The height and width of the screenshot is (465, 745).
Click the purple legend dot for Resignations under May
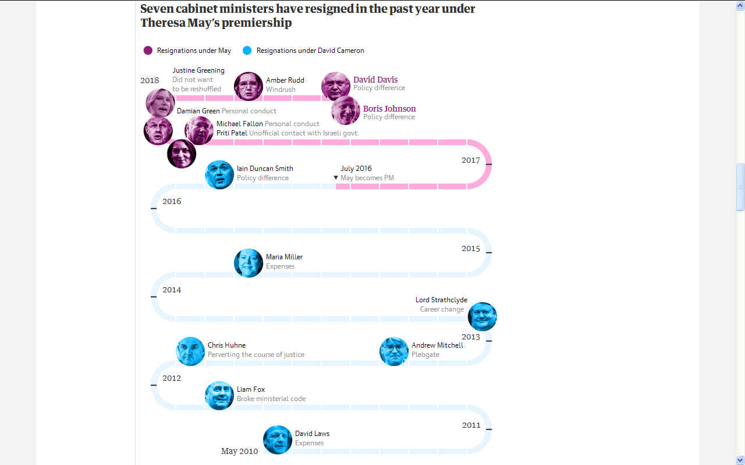[x=148, y=51]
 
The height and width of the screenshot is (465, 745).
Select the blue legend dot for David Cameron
[x=247, y=51]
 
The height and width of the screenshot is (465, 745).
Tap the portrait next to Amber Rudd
[x=249, y=87]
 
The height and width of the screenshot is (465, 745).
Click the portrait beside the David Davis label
[x=336, y=87]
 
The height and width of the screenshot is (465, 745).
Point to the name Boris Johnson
[x=389, y=109]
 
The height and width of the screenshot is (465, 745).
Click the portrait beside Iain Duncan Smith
[x=219, y=174]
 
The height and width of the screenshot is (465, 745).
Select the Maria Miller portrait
[x=249, y=263]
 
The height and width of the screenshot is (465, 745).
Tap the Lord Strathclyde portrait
[x=483, y=317]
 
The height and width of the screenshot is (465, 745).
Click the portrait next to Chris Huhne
[x=190, y=351]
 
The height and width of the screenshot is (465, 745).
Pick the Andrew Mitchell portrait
[x=394, y=351]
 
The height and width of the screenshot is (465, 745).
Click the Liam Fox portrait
[x=219, y=395]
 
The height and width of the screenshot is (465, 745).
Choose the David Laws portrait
[x=278, y=439]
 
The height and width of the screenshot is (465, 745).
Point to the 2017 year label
[x=471, y=160]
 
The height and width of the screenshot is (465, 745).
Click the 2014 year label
[x=172, y=290]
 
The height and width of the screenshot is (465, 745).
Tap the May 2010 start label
[x=239, y=451]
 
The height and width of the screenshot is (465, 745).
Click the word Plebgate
[x=425, y=355]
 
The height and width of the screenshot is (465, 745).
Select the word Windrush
[x=281, y=90]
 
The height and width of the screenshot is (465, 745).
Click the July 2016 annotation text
[x=356, y=169]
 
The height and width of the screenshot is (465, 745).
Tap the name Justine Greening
[x=198, y=70]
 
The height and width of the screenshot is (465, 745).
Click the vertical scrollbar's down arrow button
[x=740, y=460]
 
